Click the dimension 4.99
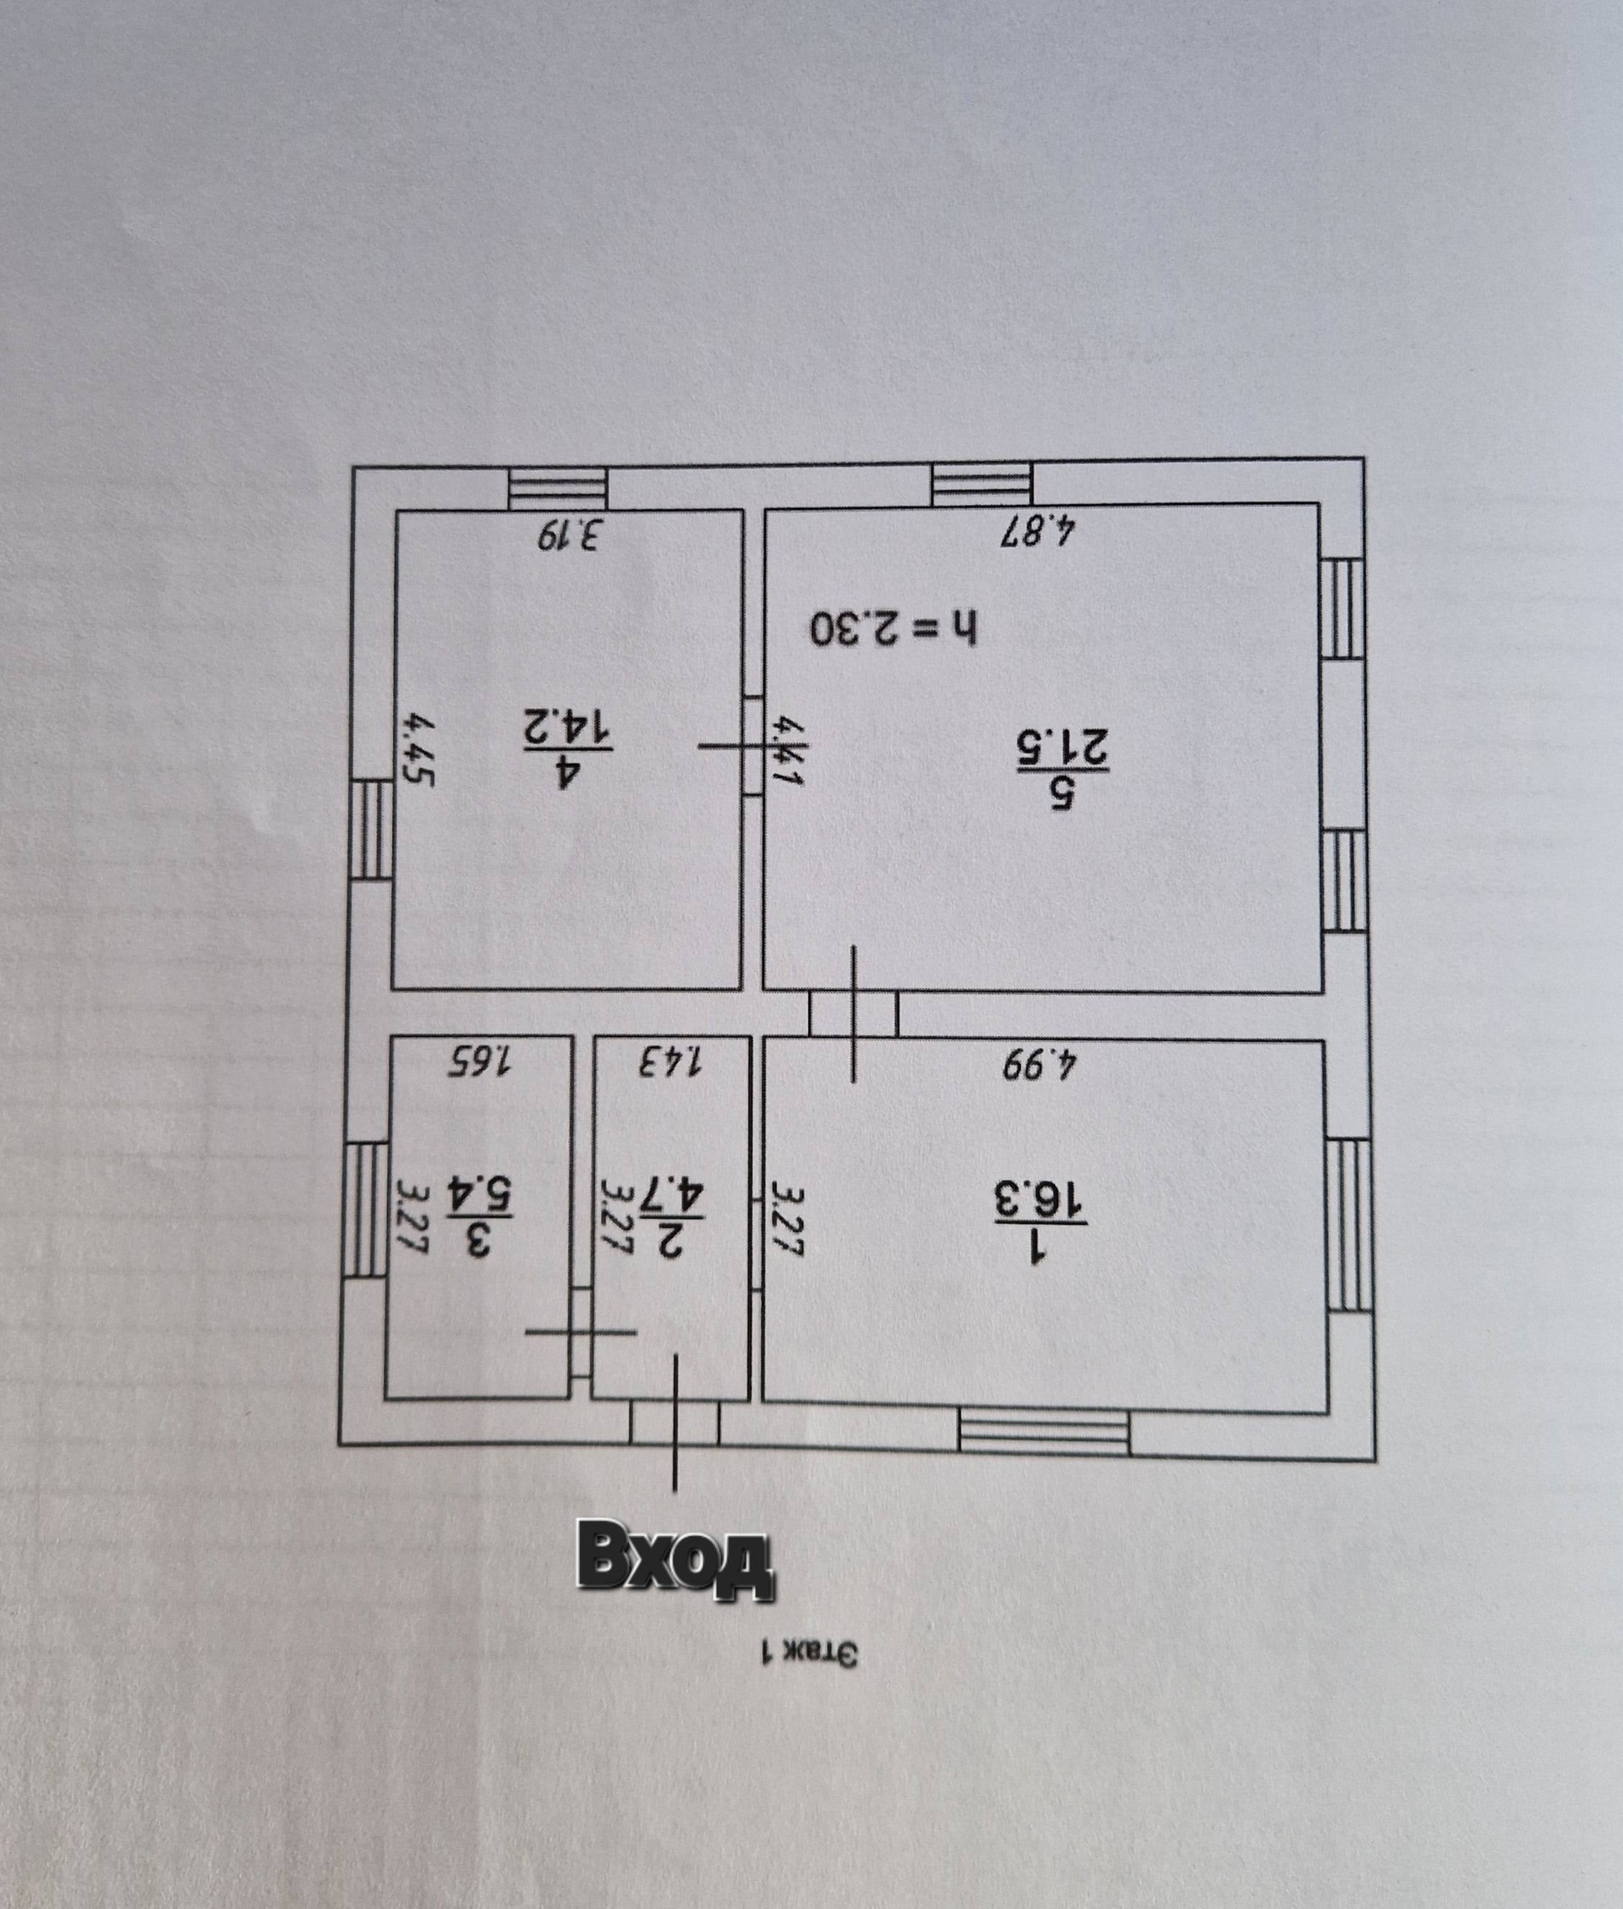(1039, 1063)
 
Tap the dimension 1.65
(479, 1061)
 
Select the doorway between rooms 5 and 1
(853, 1014)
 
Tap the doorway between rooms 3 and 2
(581, 1332)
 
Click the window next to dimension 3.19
(560, 486)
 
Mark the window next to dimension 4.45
(372, 828)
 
